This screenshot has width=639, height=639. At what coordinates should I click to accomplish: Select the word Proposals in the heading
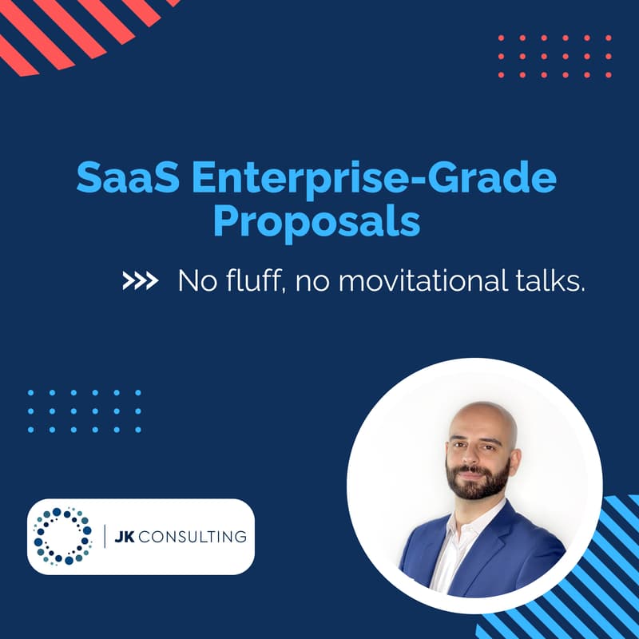pyautogui.click(x=316, y=221)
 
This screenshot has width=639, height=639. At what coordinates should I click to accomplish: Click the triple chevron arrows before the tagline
pyautogui.click(x=140, y=281)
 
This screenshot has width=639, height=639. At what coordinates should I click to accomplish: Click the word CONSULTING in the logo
pyautogui.click(x=192, y=536)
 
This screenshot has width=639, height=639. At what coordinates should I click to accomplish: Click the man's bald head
pyautogui.click(x=479, y=415)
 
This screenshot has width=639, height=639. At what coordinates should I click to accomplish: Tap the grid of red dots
pyautogui.click(x=554, y=56)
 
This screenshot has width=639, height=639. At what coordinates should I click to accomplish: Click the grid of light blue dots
pyautogui.click(x=84, y=411)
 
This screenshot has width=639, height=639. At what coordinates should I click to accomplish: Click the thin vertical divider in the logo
pyautogui.click(x=105, y=536)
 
